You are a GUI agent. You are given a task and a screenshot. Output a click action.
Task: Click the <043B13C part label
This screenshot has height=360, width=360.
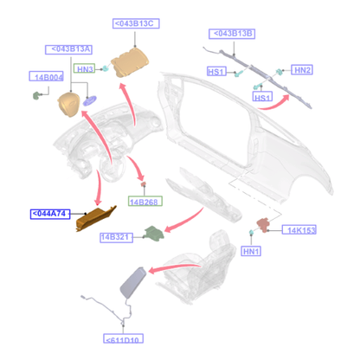tap(136, 23)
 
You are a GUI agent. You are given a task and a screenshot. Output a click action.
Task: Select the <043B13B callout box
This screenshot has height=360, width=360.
tap(232, 34)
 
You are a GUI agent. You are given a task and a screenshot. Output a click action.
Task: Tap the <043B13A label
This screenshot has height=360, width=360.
tap(68, 49)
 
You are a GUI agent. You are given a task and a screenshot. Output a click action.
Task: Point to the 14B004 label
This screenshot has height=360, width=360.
tap(46, 76)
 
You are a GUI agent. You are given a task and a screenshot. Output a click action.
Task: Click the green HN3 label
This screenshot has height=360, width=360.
tap(85, 68)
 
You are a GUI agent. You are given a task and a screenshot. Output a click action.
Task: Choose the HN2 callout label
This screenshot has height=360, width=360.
tap(302, 70)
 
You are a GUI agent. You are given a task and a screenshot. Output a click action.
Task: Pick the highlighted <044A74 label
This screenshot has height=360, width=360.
tap(50, 214)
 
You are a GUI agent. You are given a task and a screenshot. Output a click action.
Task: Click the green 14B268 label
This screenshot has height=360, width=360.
tap(145, 202)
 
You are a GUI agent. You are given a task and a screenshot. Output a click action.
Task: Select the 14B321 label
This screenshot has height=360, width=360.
tap(116, 237)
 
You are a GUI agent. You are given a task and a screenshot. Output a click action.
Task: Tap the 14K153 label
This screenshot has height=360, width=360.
tap(299, 230)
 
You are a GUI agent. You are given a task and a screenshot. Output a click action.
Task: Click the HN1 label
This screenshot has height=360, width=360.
tap(251, 251)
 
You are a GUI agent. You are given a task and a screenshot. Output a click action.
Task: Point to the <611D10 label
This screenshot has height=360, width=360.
tap(123, 338)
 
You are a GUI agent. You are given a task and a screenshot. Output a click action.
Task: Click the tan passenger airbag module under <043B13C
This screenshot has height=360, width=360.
tap(130, 62)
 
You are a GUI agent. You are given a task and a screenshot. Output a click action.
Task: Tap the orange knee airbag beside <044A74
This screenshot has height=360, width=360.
tap(96, 218)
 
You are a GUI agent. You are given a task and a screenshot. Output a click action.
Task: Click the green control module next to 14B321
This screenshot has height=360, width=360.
tap(154, 234)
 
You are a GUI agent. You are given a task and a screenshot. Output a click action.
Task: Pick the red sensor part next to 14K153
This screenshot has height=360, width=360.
tap(263, 225)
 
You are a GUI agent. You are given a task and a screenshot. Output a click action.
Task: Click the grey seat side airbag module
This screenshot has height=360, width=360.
tap(132, 283)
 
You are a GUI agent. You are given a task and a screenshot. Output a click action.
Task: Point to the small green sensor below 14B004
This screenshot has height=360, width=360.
tap(36, 95)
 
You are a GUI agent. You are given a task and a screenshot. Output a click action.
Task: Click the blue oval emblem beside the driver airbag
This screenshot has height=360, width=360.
tap(90, 100)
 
